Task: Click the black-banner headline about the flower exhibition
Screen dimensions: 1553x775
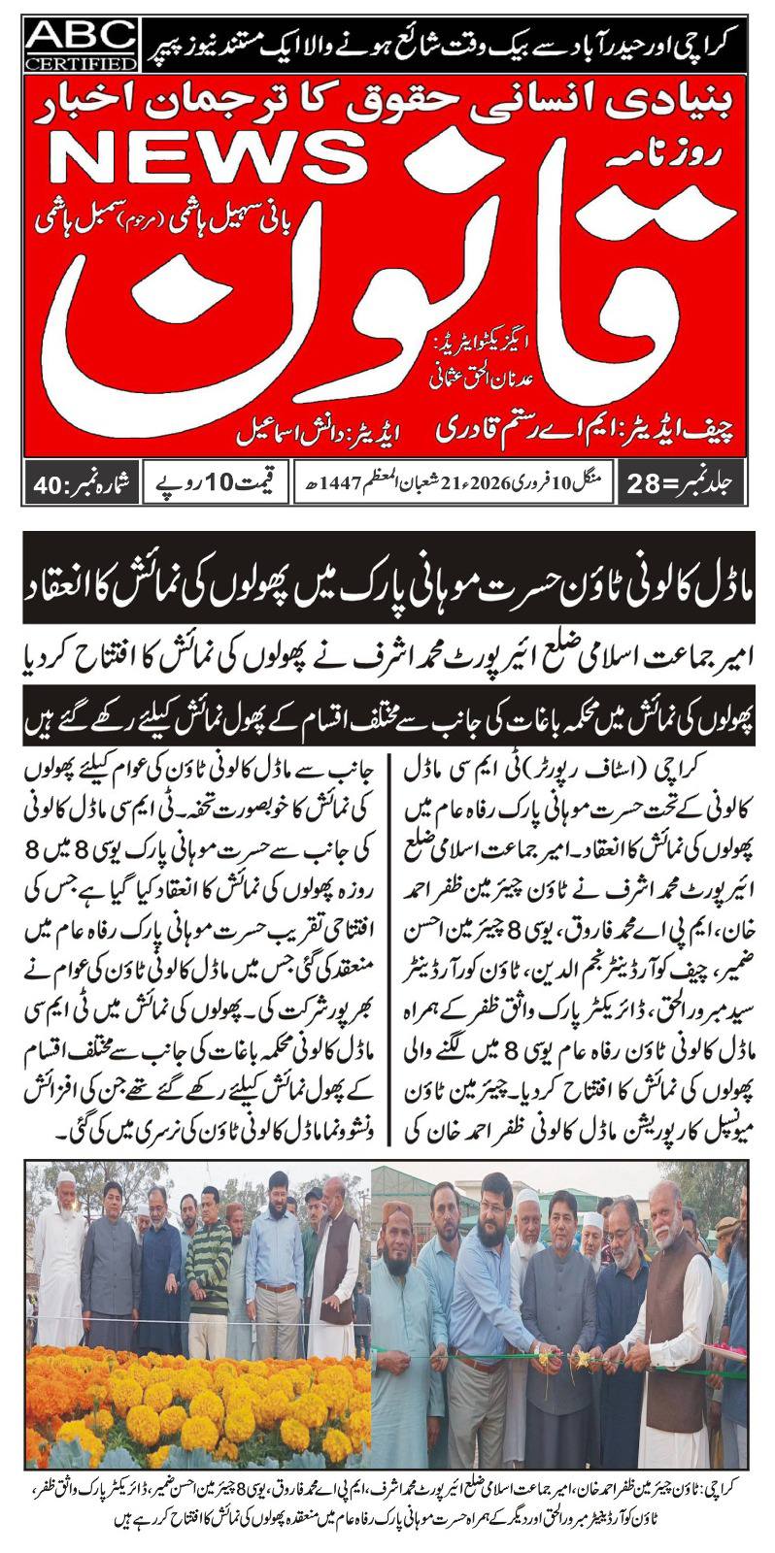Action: click(387, 591)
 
